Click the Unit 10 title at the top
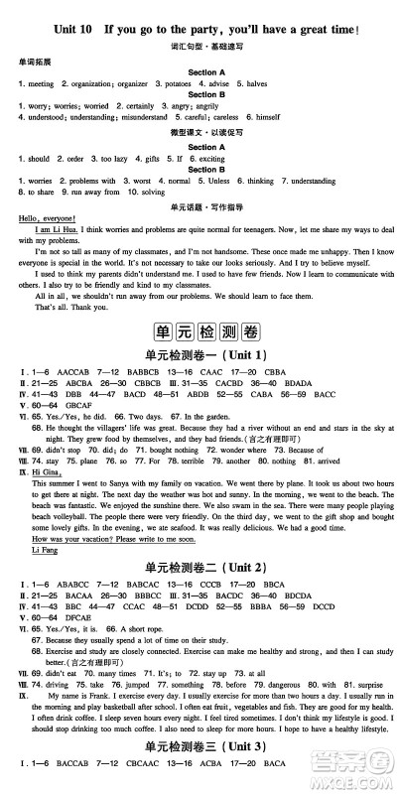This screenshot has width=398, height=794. (x=199, y=31)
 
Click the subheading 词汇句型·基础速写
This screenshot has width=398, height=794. (x=199, y=47)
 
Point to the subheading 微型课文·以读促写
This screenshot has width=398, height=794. (x=199, y=131)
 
